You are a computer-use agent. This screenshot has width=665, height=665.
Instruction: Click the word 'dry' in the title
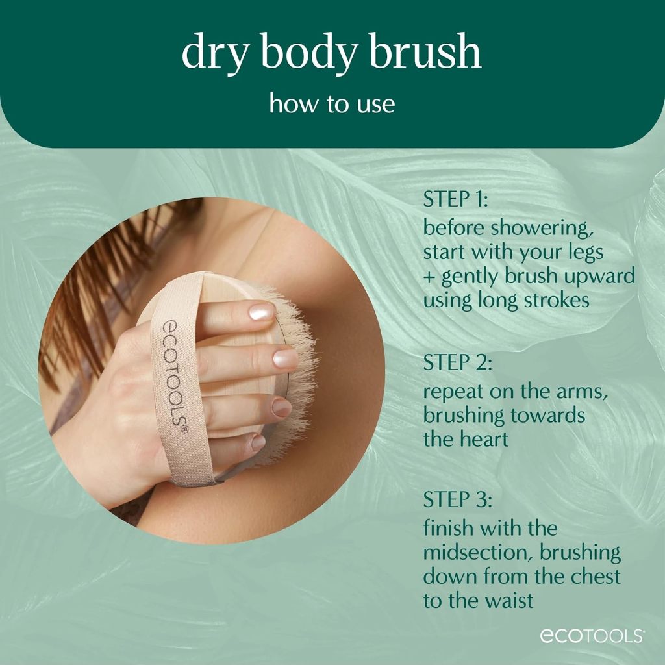pyautogui.click(x=214, y=55)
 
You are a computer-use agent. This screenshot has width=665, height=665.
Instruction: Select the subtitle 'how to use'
pyautogui.click(x=332, y=103)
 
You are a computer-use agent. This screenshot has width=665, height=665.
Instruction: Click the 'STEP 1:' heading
pyautogui.click(x=455, y=199)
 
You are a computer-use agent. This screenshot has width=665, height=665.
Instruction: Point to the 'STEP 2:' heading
pyautogui.click(x=457, y=362)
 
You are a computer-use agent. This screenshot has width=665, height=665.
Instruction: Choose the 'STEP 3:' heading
pyautogui.click(x=458, y=499)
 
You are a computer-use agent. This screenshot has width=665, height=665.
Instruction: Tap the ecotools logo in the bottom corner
pyautogui.click(x=591, y=636)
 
